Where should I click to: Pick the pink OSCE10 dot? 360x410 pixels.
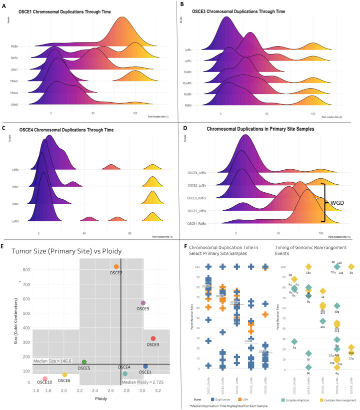coord(44,378)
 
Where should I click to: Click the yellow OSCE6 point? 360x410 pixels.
coord(64,374)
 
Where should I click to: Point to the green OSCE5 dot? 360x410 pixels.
coord(84,362)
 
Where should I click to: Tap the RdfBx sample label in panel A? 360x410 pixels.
coord(14,47)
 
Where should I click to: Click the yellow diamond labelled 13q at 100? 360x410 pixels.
coord(308,267)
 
